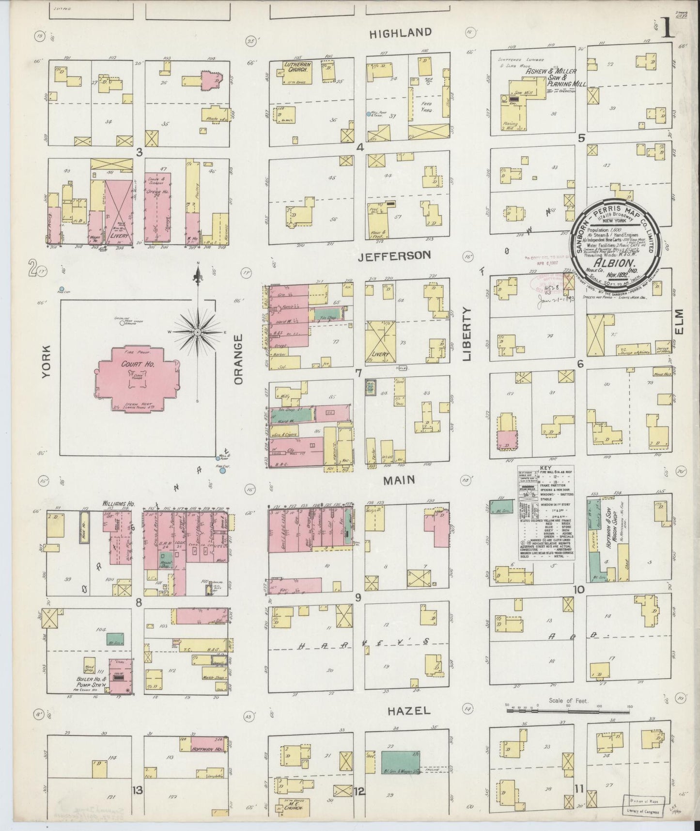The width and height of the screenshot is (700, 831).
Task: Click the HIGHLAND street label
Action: [400, 33]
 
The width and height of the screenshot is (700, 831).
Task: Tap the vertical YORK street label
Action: [47, 362]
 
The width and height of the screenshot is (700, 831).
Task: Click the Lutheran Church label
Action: [297, 67]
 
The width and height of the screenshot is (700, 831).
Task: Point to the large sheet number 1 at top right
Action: [668, 29]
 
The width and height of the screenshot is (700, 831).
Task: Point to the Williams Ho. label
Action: [118, 504]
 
